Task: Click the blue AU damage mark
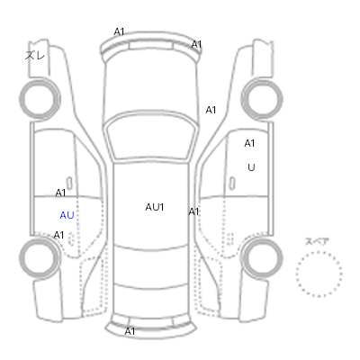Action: point(67,215)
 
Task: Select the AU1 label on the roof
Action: point(155,207)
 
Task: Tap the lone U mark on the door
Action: point(251,167)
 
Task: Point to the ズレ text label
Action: point(35,55)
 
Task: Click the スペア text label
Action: point(317,241)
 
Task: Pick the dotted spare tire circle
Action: point(319,252)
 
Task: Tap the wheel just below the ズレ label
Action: point(40,99)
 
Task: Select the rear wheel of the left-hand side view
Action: point(40,257)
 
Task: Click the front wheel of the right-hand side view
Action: point(262,99)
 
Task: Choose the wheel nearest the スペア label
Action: point(262,257)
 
